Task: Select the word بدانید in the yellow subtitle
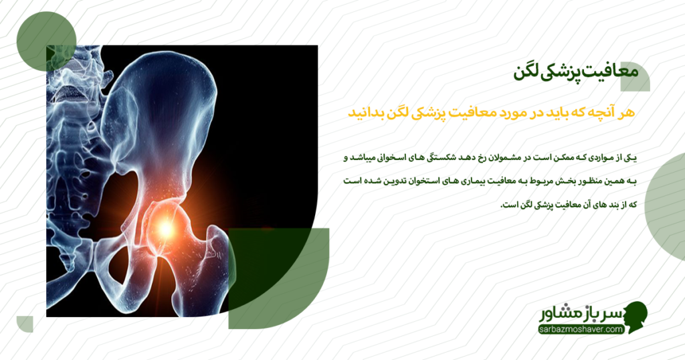point(367,112)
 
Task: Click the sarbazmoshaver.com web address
point(581,329)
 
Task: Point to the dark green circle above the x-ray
point(44,40)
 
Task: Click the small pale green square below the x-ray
point(25,324)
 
